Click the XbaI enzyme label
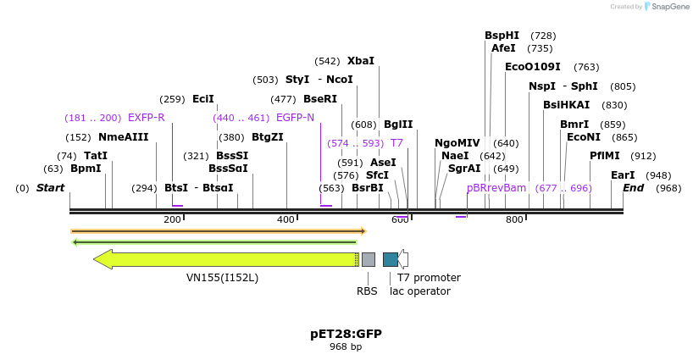click(x=360, y=61)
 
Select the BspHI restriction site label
click(x=502, y=36)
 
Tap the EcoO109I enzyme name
click(x=532, y=67)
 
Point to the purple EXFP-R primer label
click(x=146, y=118)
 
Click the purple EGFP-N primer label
click(x=295, y=118)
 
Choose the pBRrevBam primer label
click(x=496, y=188)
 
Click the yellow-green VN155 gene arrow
click(x=229, y=259)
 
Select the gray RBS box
click(x=369, y=259)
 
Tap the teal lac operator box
click(x=390, y=259)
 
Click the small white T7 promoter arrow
click(x=403, y=259)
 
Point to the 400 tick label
click(x=286, y=219)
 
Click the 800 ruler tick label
click(x=514, y=219)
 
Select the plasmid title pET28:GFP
click(x=346, y=334)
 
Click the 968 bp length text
click(x=346, y=346)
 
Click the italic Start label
click(x=50, y=188)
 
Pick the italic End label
click(x=633, y=188)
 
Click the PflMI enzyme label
click(x=604, y=156)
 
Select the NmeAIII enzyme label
click(x=123, y=137)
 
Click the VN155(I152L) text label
click(x=222, y=277)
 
